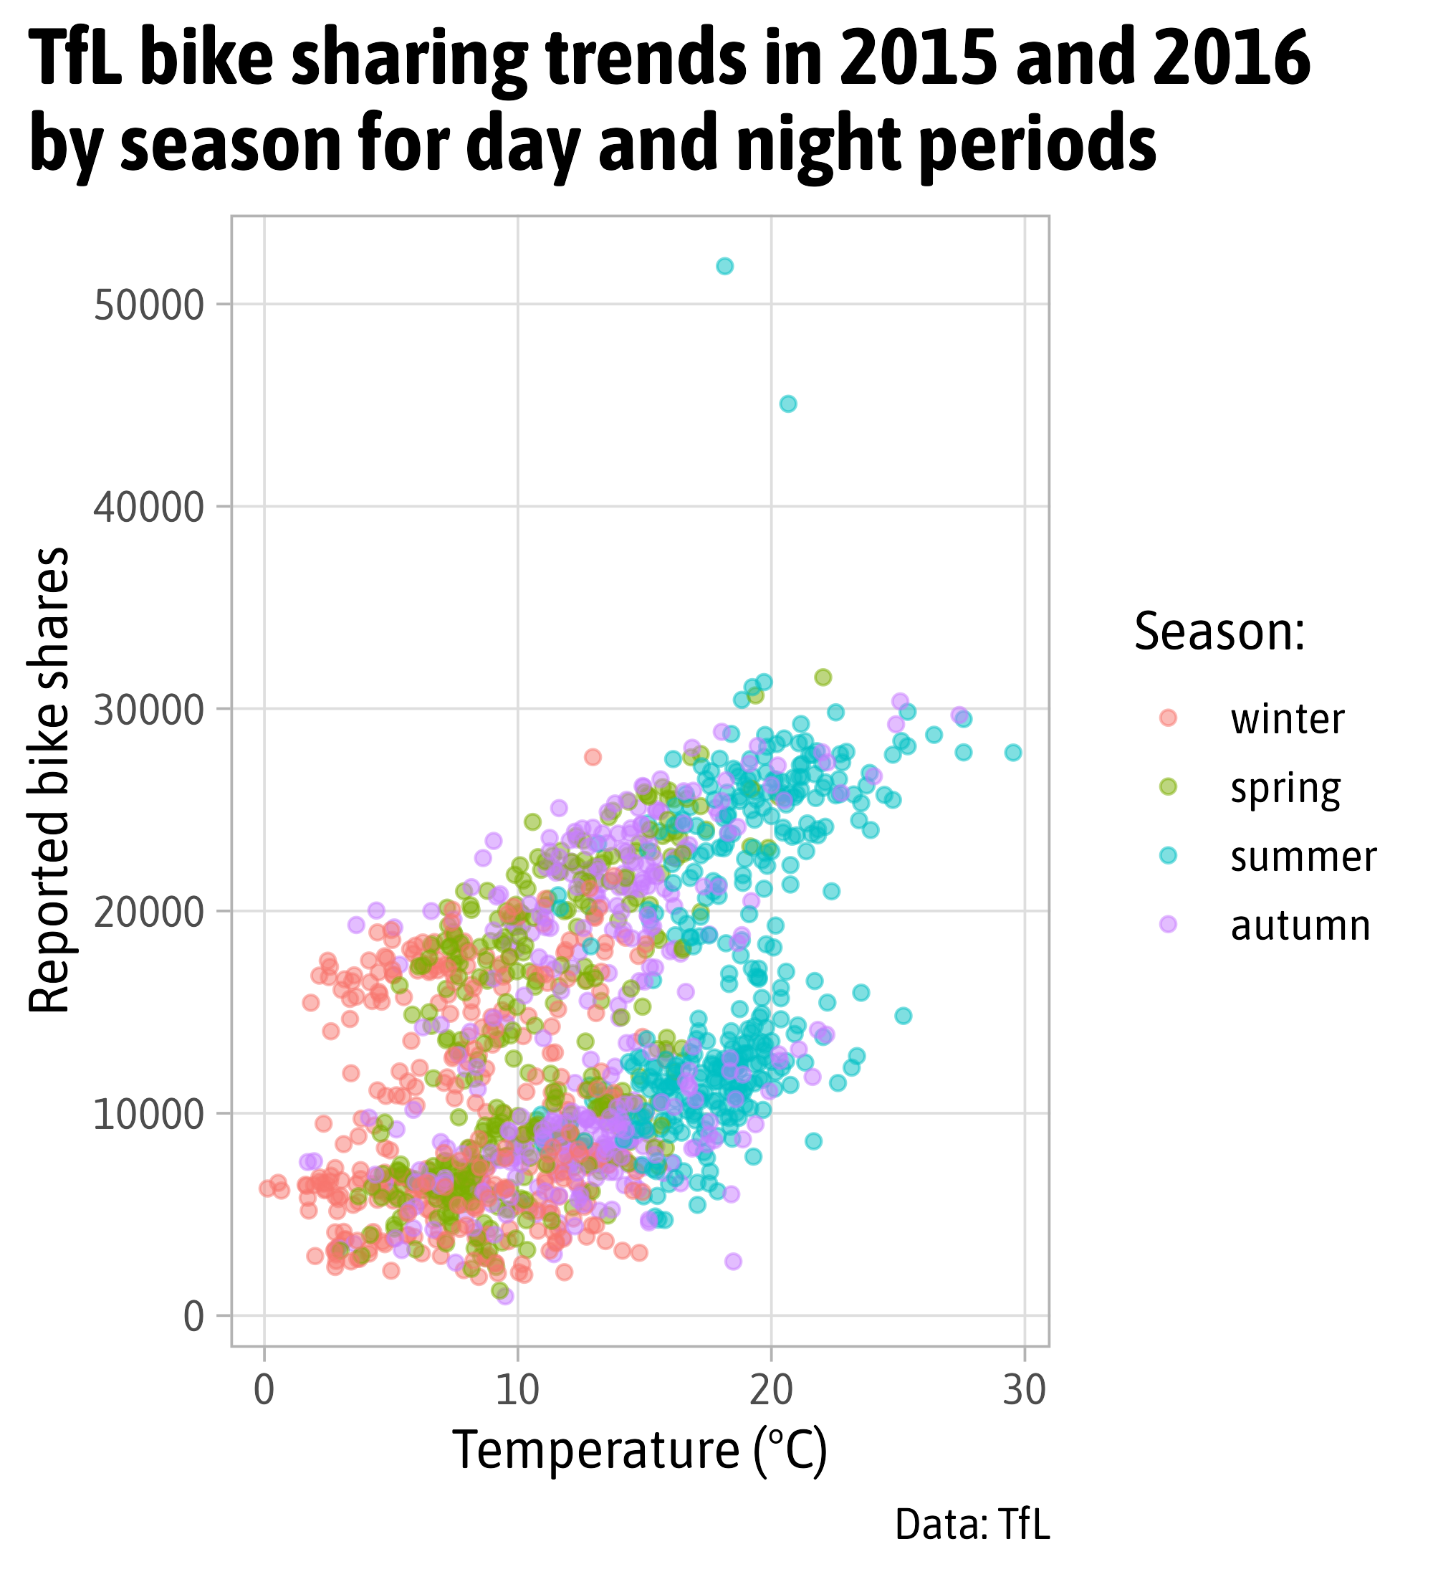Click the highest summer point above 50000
click(x=724, y=266)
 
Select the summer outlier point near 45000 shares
click(x=788, y=404)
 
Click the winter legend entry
click(x=1287, y=719)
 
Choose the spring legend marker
click(x=1168, y=787)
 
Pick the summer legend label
click(x=1303, y=857)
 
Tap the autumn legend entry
click(x=1299, y=925)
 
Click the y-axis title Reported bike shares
click(x=49, y=781)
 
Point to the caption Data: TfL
click(x=972, y=1525)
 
